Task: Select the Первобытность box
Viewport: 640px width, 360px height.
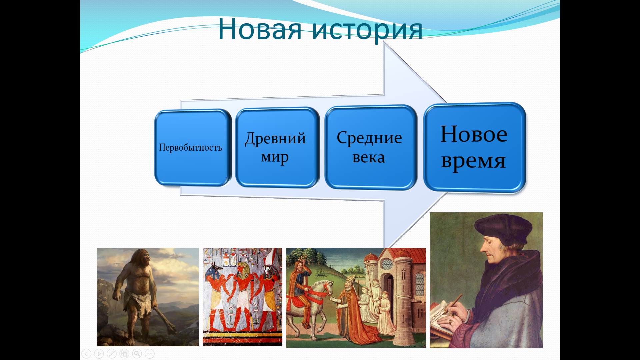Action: pyautogui.click(x=193, y=147)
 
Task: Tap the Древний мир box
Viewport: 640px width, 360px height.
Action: pyautogui.click(x=277, y=147)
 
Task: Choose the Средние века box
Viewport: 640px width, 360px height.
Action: pyautogui.click(x=371, y=147)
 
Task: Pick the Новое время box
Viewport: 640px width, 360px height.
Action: pyautogui.click(x=474, y=148)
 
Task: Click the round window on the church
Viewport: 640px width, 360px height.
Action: pyautogui.click(x=387, y=264)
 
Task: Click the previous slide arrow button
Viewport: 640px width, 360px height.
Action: pyautogui.click(x=86, y=354)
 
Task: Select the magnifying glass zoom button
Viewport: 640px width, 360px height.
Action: pyautogui.click(x=137, y=354)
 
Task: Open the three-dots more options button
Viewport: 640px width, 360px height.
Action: pyautogui.click(x=150, y=354)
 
